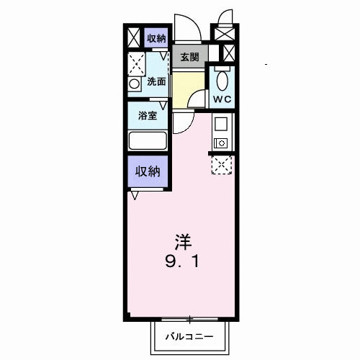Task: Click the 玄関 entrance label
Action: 189,57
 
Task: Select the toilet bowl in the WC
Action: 221,78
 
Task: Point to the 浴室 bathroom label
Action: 148,116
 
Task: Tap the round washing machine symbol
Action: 135,84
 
